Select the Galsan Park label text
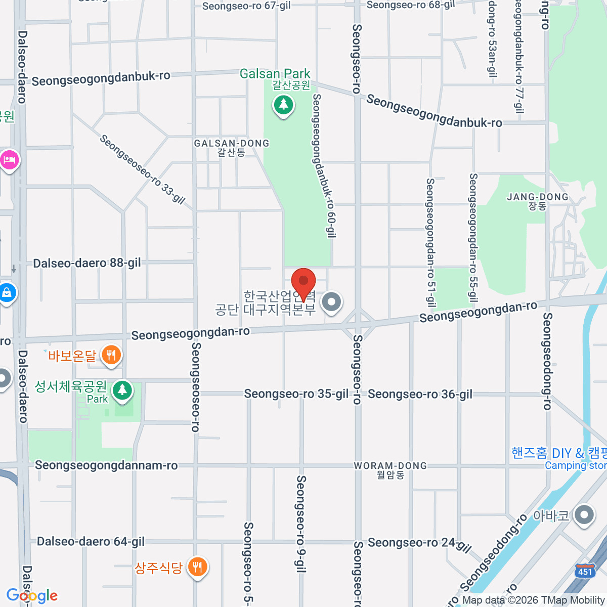(275, 74)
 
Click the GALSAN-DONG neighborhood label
(232, 144)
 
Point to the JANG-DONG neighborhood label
(537, 197)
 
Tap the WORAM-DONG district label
(390, 466)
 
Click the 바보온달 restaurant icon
(111, 355)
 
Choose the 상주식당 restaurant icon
(197, 567)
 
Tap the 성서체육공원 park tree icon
(122, 391)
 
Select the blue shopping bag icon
(7, 293)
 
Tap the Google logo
(32, 596)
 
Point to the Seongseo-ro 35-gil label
(296, 394)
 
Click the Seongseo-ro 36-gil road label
(420, 394)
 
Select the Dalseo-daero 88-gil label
(87, 263)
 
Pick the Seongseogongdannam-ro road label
(106, 465)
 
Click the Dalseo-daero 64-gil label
(91, 542)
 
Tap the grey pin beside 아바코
(585, 515)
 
